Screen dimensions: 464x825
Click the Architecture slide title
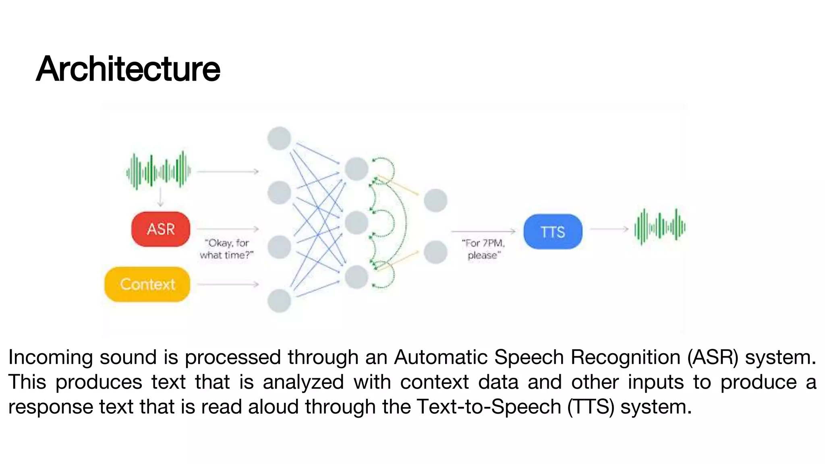128,69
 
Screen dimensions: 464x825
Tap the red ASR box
161,229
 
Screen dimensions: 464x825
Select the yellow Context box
147,284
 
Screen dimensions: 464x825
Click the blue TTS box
553,232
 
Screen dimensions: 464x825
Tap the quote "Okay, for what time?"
226,249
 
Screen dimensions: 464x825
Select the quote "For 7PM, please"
483,249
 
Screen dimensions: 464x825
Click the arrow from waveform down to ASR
161,197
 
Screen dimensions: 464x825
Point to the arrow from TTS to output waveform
609,229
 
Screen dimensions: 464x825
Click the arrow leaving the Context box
228,284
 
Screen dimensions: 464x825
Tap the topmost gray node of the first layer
279,138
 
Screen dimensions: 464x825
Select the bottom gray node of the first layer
279,300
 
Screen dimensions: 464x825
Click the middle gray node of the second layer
357,222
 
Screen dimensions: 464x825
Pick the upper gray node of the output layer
435,200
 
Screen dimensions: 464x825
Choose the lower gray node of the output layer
435,252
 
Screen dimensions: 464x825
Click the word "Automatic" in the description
441,357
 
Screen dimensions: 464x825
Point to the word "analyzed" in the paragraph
303,382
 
